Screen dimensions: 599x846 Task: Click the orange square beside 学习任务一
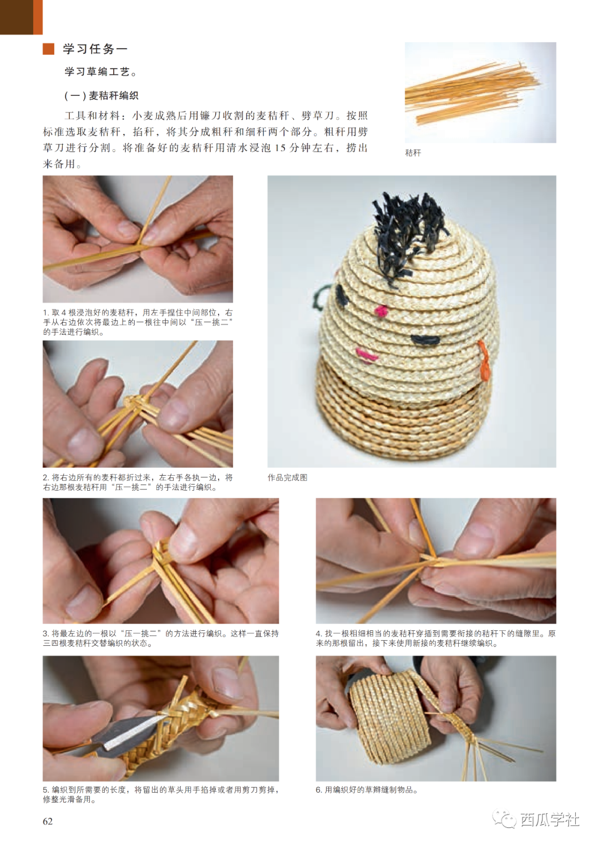(x=48, y=49)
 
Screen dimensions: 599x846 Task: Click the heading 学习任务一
(x=95, y=49)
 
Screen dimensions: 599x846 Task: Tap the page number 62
(x=48, y=822)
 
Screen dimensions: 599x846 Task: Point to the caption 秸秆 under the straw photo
(x=413, y=153)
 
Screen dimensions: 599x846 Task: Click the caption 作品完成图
(x=287, y=477)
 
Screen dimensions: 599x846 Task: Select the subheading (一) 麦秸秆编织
(x=101, y=95)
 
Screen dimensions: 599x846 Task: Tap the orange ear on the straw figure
(x=484, y=359)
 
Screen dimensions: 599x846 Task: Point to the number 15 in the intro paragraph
(x=280, y=147)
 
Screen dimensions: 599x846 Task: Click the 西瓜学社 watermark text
(x=550, y=820)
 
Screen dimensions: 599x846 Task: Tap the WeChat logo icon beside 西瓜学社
(x=505, y=819)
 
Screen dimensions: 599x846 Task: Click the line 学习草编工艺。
(x=101, y=72)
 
